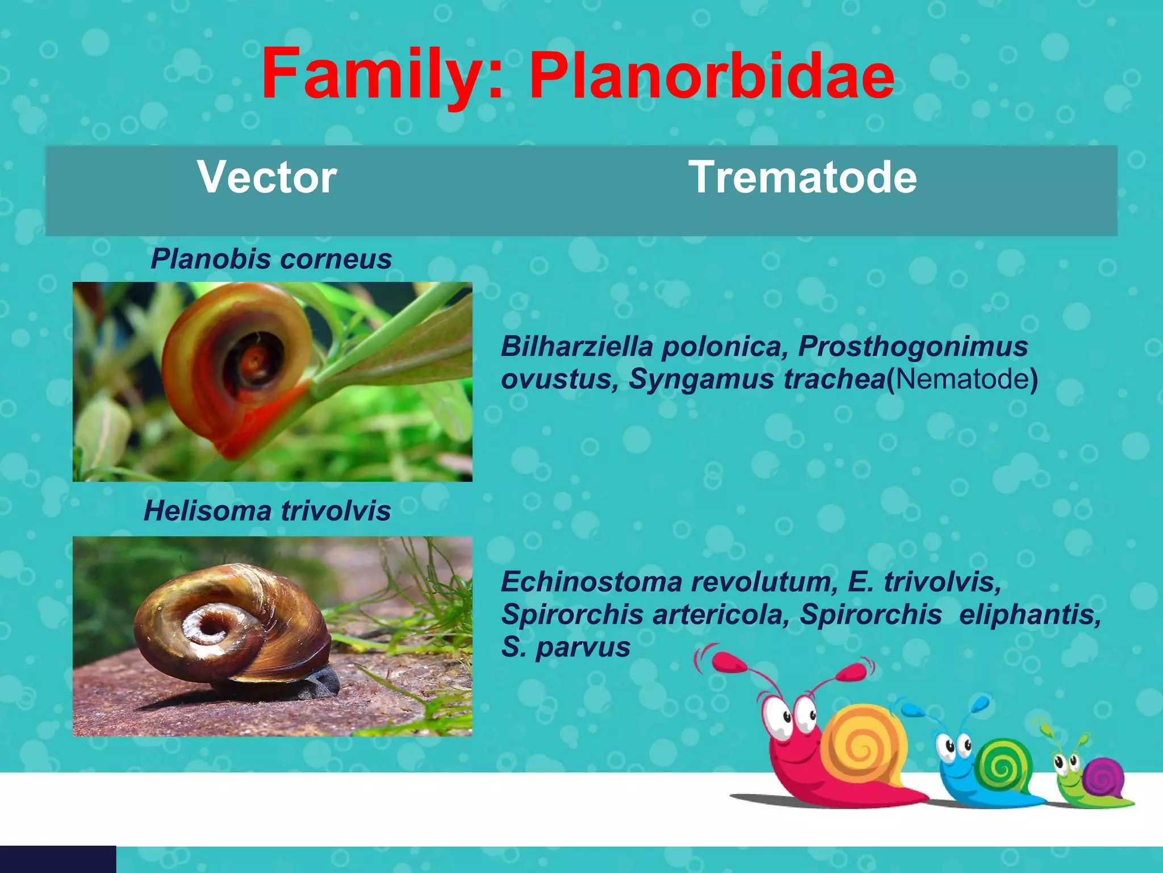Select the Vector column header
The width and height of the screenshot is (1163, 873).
[267, 177]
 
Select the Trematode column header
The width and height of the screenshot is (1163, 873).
[802, 177]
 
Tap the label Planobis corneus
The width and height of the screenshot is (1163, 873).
[271, 259]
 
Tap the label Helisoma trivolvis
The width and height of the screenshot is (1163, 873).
[267, 510]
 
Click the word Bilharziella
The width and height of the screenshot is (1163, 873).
[576, 346]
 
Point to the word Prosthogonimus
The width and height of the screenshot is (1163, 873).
[913, 346]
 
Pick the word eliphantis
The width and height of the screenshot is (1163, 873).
[1030, 614]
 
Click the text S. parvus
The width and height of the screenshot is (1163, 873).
[565, 647]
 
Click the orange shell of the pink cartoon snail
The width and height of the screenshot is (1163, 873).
[863, 745]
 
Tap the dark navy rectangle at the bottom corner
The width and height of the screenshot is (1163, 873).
[57, 859]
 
